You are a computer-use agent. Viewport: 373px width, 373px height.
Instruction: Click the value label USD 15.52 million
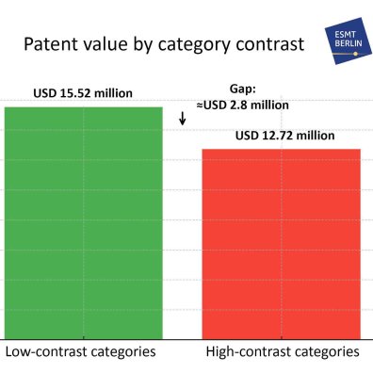83,93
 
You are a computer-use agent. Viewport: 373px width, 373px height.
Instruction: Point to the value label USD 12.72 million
284,136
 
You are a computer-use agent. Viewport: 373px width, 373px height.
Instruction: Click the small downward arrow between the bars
182,121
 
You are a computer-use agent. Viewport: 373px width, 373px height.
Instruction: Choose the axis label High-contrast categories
282,352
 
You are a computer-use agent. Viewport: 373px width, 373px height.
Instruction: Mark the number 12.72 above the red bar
279,136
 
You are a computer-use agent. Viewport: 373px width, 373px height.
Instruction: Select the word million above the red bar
315,136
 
